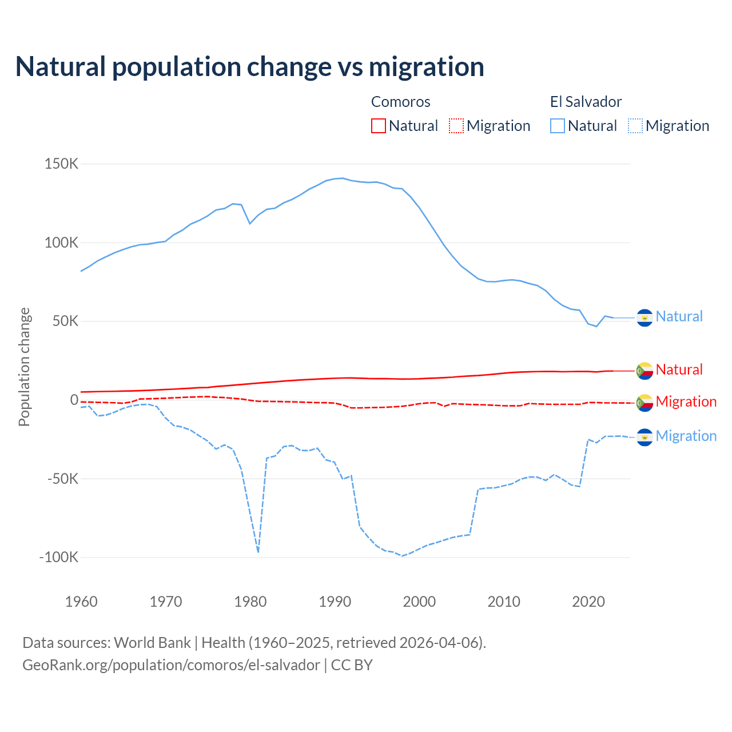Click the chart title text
pos(250,67)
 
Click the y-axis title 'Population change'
pos(24,367)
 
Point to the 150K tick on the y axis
pos(62,164)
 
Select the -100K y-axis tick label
pos(59,557)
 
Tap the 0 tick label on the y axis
pos(74,400)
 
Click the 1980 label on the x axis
pos(250,602)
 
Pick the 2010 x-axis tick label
pos(504,602)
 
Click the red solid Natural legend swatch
pos(379,126)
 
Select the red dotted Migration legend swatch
pos(456,126)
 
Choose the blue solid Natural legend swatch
pos(558,126)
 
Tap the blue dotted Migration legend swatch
pos(635,126)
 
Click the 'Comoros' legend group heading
pos(400,102)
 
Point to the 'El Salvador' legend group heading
pos(586,102)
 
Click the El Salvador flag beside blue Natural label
pos(645,317)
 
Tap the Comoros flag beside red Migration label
pos(645,403)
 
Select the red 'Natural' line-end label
pos(679,369)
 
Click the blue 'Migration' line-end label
pos(686,436)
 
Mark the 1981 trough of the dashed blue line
pos(258,552)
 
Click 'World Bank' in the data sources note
pos(153,643)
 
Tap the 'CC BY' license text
pos(352,665)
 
